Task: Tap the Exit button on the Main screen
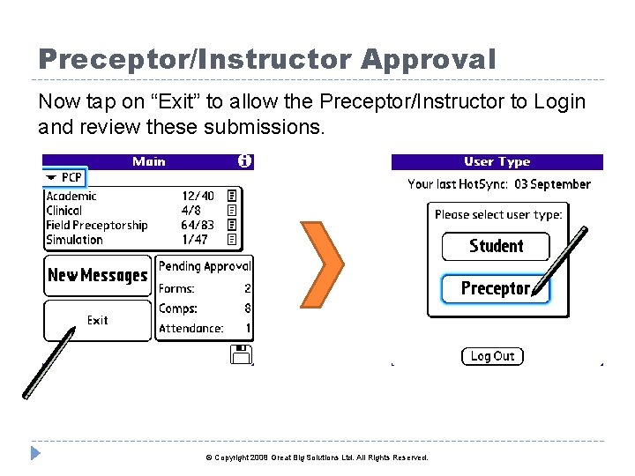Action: pos(97,321)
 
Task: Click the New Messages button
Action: pos(97,276)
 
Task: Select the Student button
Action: pos(496,246)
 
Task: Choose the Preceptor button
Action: pos(495,288)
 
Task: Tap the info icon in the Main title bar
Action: pos(244,161)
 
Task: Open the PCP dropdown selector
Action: pos(65,178)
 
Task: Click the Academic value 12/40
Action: pos(198,196)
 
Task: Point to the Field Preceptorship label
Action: pos(96,225)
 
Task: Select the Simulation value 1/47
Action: pos(195,240)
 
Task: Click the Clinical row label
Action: pos(63,211)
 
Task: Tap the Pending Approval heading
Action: pos(205,266)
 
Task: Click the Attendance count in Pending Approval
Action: pos(248,329)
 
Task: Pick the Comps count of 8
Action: pos(248,309)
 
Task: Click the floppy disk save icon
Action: pos(241,354)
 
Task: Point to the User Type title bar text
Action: pos(497,162)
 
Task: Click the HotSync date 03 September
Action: pos(552,184)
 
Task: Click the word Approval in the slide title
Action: pos(428,59)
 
